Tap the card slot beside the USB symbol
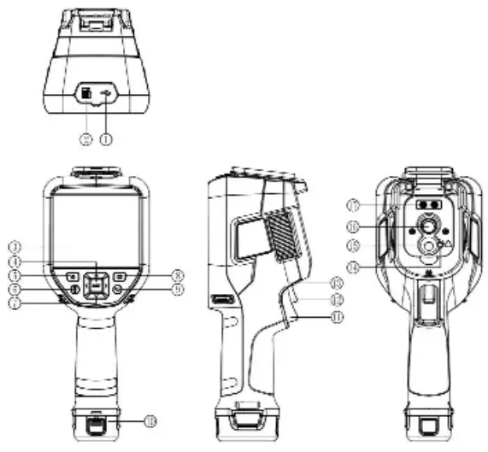pos(87,93)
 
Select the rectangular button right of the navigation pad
pos(121,277)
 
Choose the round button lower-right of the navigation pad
pos(118,291)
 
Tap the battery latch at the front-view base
pos(96,424)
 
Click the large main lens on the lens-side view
pos(424,227)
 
